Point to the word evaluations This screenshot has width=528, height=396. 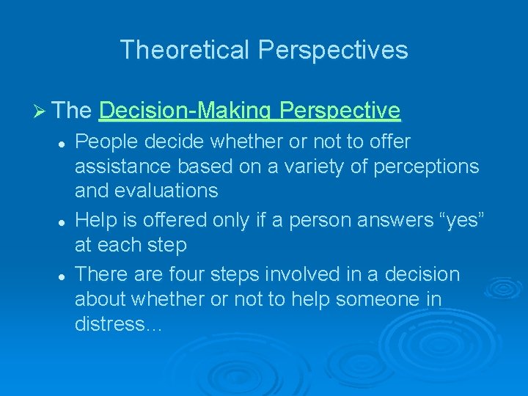click(170, 191)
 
